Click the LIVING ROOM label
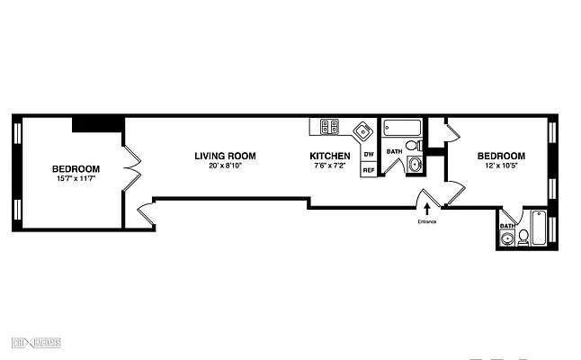tap(219, 156)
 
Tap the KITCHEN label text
tap(330, 156)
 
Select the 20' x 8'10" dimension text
tap(219, 166)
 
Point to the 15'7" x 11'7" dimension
tap(76, 178)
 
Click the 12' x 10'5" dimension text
tap(501, 166)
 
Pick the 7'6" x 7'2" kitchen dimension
tap(330, 166)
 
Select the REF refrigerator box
tap(368, 169)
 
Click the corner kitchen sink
tap(362, 130)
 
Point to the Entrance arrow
tap(426, 210)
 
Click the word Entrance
tap(426, 221)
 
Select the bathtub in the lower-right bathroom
tap(538, 228)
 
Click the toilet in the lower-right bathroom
tap(523, 236)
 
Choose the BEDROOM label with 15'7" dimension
tap(76, 168)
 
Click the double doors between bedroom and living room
tap(131, 168)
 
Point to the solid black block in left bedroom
tap(97, 124)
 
